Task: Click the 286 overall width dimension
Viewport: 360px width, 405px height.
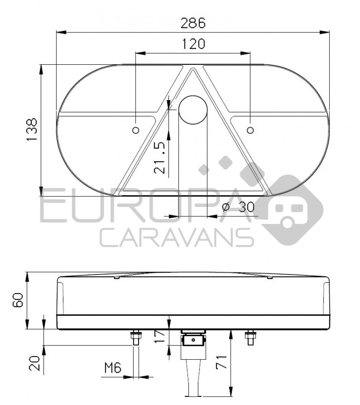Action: pos(193,23)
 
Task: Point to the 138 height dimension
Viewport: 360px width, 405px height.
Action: pos(32,130)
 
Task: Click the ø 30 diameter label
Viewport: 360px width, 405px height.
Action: pos(239,207)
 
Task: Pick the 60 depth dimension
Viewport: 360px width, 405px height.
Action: pos(19,301)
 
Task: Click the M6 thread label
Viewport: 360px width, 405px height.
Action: pos(113,368)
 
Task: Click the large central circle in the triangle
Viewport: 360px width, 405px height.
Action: pos(193,109)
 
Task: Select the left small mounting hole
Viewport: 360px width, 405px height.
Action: pos(136,130)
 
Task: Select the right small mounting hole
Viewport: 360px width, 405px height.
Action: pos(251,130)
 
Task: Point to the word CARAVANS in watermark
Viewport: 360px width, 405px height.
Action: pos(177,237)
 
